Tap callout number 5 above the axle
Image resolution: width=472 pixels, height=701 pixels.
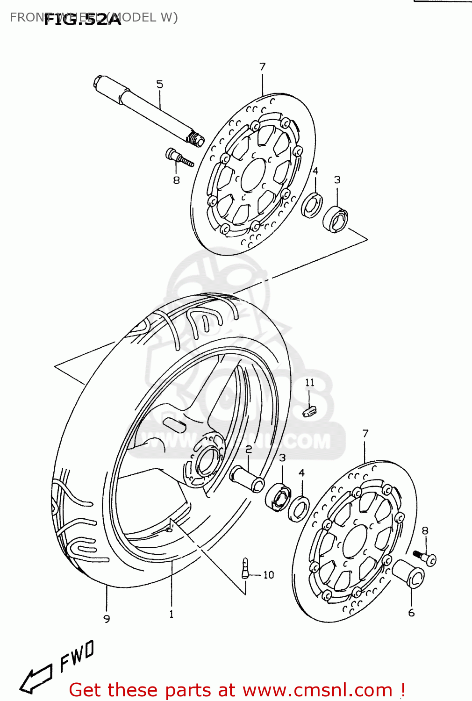click(x=160, y=85)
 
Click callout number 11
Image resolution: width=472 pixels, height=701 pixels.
click(x=310, y=383)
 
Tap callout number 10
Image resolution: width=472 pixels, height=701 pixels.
click(x=269, y=575)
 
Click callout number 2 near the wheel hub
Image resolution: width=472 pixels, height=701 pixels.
click(x=249, y=450)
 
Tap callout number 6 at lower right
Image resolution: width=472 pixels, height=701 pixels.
click(x=411, y=613)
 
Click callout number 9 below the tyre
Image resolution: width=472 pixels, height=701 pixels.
click(x=107, y=619)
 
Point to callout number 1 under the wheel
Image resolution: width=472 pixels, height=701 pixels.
click(x=172, y=614)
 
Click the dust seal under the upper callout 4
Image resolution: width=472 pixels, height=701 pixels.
click(x=312, y=205)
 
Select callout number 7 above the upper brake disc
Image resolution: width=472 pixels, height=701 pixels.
click(x=263, y=67)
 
